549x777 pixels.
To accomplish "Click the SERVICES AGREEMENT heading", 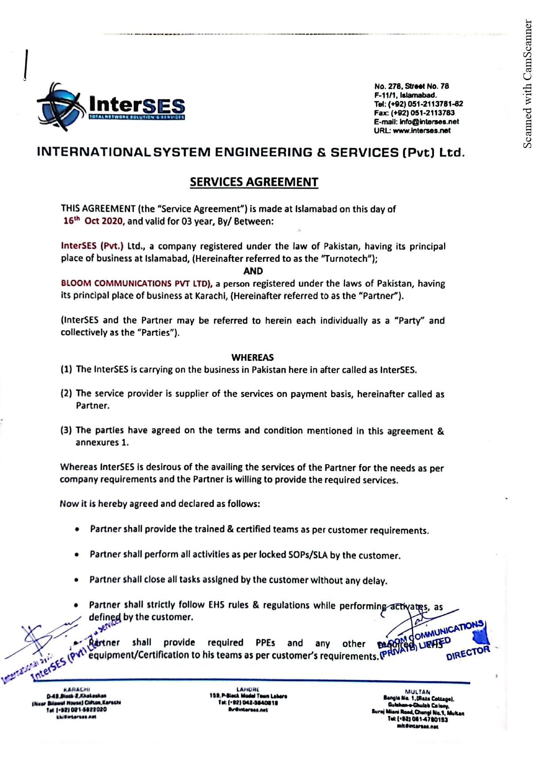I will click(x=254, y=182).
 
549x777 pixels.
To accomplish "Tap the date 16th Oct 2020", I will click(x=93, y=221).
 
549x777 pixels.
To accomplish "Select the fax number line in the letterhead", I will click(x=414, y=113).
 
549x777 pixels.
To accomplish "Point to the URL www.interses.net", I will click(x=412, y=131).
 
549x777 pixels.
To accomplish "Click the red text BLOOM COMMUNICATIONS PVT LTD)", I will click(x=137, y=283).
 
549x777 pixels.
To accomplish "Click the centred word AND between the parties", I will click(x=253, y=271).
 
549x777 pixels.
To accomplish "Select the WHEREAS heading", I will click(x=252, y=357).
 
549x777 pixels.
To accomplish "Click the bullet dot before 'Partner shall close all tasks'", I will click(x=77, y=580).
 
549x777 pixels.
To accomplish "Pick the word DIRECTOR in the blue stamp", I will click(x=468, y=653).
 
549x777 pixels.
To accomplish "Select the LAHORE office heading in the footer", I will click(x=248, y=689).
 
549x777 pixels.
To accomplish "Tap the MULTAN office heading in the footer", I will click(x=418, y=692).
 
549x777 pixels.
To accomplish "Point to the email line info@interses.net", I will click(x=416, y=122).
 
